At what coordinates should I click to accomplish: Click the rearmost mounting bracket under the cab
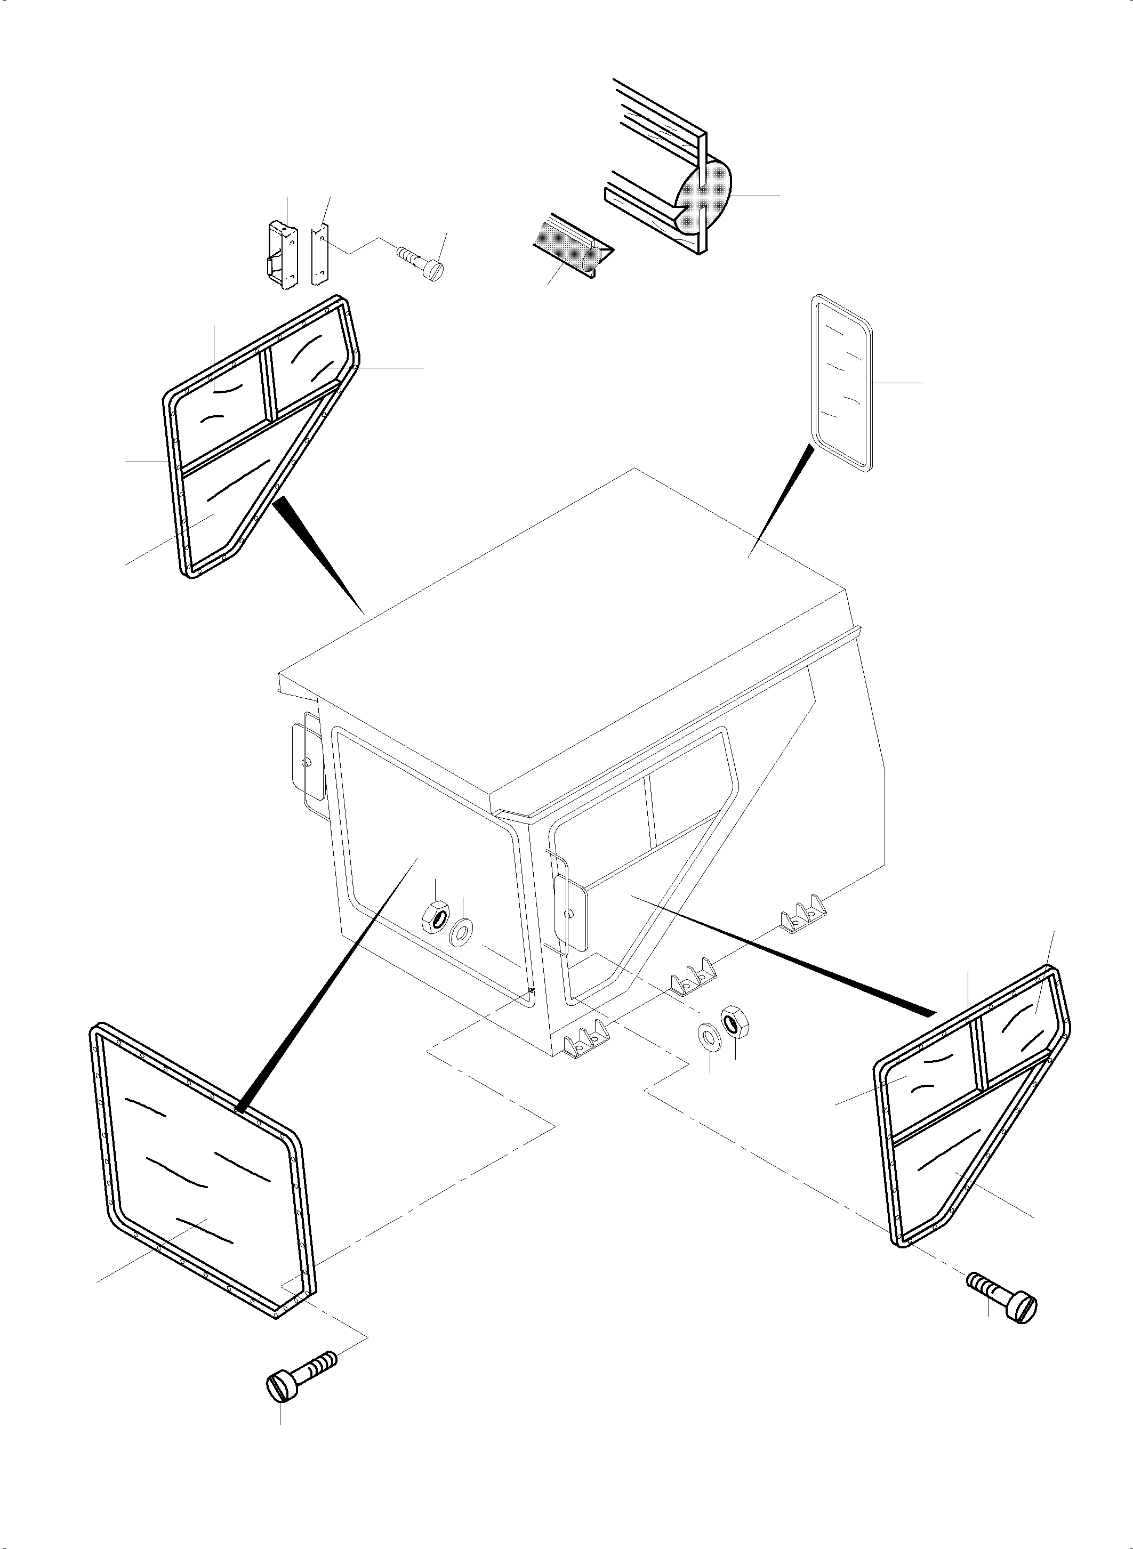coord(805,912)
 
